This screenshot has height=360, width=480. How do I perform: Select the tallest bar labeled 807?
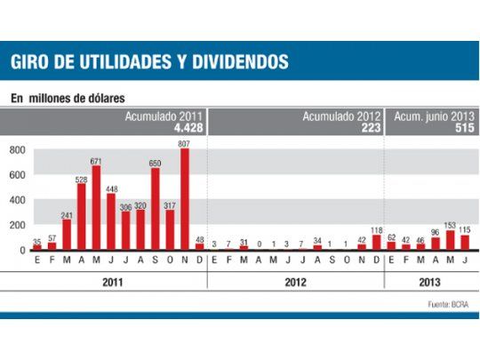[184, 200]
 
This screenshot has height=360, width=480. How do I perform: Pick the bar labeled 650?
[155, 210]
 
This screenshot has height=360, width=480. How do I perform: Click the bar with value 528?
[81, 217]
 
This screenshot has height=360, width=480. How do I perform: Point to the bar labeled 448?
[111, 222]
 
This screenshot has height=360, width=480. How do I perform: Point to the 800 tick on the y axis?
[16, 150]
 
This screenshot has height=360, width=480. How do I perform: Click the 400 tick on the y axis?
[16, 200]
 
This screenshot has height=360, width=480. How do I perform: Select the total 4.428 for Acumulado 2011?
[189, 128]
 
